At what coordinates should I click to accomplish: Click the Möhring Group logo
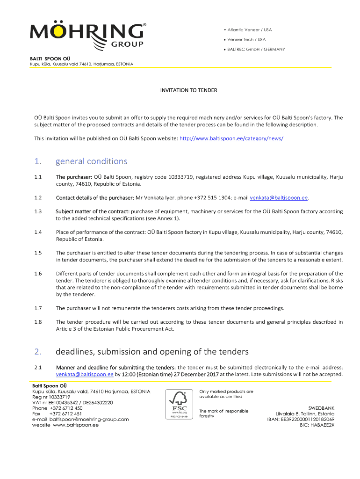coord(88,36)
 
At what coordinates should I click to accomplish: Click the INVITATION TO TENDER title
coord(188,90)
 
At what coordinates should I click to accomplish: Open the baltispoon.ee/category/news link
coord(231,138)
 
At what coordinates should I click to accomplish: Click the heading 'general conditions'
coord(91,161)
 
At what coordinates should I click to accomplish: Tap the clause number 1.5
coord(38,253)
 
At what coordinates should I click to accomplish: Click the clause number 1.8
coord(38,322)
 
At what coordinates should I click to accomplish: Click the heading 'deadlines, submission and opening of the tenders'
coord(152,351)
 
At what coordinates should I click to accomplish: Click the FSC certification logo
coord(180,404)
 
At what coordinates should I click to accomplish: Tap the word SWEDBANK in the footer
coord(321,408)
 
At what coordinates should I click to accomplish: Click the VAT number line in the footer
coord(72,402)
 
